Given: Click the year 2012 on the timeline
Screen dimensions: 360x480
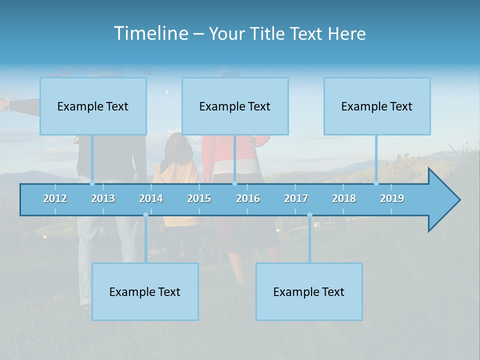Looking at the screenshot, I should [x=55, y=198].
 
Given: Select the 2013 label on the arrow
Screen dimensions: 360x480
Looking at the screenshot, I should [x=103, y=198].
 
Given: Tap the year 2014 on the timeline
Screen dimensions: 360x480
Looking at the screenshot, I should [x=151, y=198].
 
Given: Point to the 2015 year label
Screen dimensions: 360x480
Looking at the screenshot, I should [x=199, y=198].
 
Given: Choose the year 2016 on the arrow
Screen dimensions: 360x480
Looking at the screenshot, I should [x=248, y=198].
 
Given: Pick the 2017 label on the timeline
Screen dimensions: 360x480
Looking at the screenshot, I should [x=296, y=198].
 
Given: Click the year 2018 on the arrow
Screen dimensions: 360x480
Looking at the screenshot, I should [x=344, y=198].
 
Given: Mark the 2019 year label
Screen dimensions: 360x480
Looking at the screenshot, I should [x=392, y=198].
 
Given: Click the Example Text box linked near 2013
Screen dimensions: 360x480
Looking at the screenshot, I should [x=93, y=106].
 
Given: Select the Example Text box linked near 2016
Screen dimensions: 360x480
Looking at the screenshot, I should [x=235, y=106].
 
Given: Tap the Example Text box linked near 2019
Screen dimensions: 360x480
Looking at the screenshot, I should [x=377, y=106].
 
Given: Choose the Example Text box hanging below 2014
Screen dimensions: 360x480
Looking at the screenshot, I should [x=145, y=291].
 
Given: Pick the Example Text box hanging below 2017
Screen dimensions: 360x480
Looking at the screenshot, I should [x=309, y=291].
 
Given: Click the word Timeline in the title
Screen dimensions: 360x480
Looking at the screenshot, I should [x=150, y=33].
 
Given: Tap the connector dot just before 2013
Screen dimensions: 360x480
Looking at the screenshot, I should [x=92, y=183].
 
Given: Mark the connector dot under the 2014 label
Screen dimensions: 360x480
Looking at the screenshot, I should [x=145, y=215].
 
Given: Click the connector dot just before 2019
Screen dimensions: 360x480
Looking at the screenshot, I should [x=376, y=183].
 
